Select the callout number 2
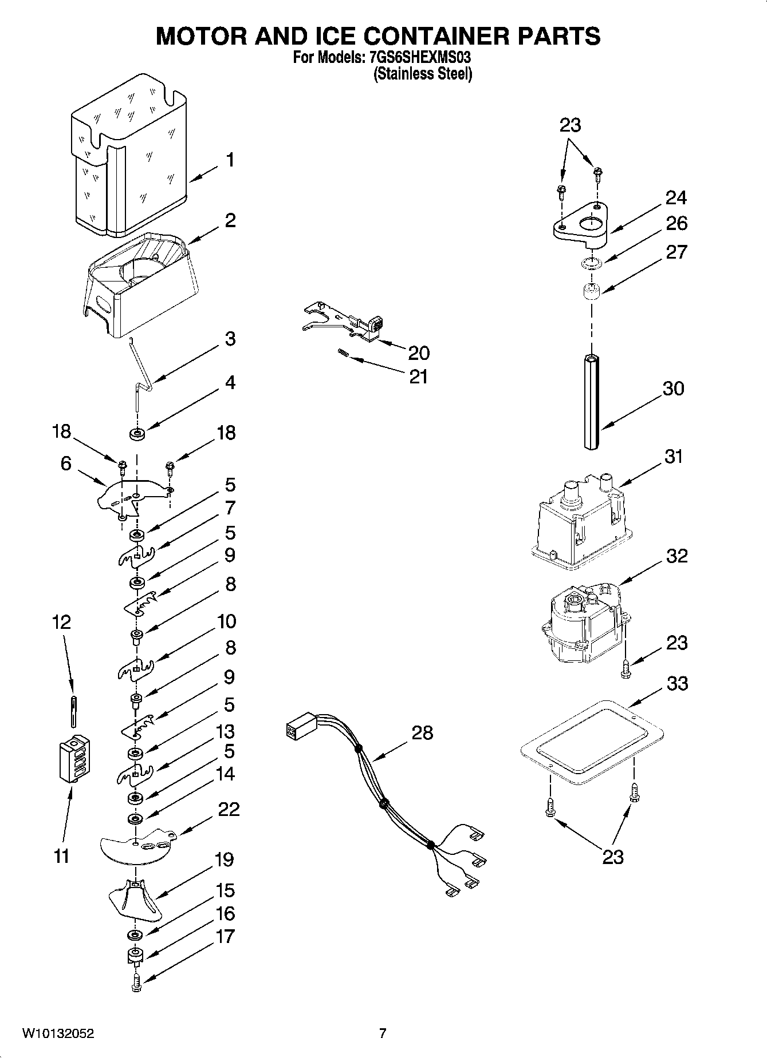[230, 220]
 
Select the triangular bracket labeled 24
[579, 225]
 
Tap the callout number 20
[419, 352]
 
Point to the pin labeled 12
[74, 711]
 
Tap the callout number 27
[676, 252]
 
